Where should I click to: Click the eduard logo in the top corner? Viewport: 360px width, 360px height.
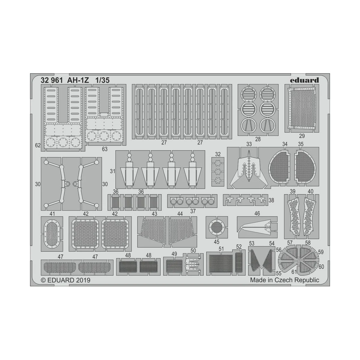pos(304,80)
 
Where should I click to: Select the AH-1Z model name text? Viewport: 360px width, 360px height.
pos(78,80)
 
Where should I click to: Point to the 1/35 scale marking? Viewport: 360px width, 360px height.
pos(102,80)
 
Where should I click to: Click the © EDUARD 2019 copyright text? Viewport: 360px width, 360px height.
pos(65,280)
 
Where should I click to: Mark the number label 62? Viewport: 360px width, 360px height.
pos(37,145)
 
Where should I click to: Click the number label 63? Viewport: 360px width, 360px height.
pos(105,149)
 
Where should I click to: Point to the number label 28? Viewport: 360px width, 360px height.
pos(258,139)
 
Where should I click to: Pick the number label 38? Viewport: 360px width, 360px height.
pos(271,200)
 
